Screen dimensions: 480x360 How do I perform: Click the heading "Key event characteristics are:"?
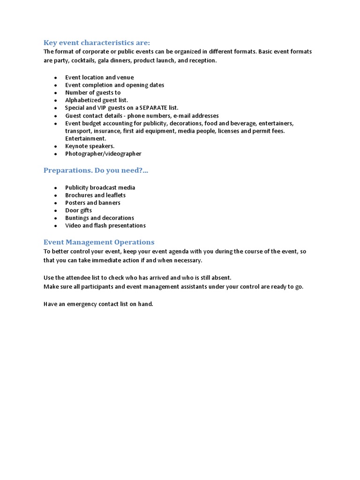click(97, 42)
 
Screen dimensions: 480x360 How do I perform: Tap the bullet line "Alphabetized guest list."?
click(97, 100)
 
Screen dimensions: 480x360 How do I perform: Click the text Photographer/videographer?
click(103, 154)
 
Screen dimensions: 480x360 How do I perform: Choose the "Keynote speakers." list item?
click(90, 146)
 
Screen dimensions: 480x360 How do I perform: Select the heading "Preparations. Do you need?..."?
click(96, 170)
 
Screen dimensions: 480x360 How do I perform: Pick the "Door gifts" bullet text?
click(78, 210)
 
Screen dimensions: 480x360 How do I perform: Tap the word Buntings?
click(77, 218)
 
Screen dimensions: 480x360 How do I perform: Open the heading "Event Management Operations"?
click(99, 242)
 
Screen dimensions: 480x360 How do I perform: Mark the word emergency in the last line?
click(82, 304)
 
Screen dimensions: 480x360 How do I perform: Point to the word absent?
click(220, 277)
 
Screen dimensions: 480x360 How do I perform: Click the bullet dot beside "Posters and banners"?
click(56, 203)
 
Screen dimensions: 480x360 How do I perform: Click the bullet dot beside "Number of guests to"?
click(56, 93)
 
